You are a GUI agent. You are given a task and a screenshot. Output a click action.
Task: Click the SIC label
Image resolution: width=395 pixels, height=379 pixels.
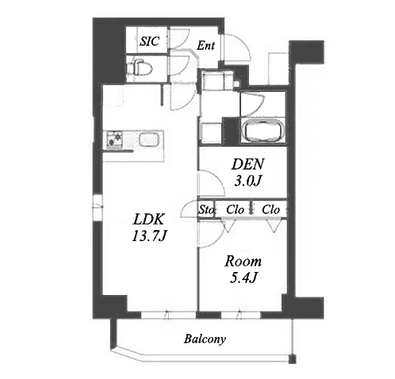click(x=150, y=41)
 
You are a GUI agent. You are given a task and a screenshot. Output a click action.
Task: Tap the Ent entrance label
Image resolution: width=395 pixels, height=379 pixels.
click(x=205, y=45)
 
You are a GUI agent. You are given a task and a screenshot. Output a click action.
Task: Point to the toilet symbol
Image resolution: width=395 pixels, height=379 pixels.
click(x=140, y=67)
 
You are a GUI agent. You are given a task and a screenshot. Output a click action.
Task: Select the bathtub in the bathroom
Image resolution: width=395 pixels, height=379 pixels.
click(x=263, y=131)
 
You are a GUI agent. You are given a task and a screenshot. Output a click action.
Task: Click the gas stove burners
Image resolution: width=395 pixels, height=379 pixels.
click(x=115, y=139)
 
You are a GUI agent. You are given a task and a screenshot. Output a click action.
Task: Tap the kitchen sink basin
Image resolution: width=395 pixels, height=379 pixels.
click(x=148, y=139)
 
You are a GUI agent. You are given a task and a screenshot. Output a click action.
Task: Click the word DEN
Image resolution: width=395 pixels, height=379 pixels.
click(x=247, y=164)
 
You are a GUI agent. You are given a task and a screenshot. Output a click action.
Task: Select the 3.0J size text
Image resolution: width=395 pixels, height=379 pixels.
click(x=247, y=181)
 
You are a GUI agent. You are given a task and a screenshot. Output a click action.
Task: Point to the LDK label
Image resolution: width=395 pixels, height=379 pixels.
click(x=149, y=219)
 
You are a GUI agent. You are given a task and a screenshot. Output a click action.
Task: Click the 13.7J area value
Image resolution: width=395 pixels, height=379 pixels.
click(x=148, y=235)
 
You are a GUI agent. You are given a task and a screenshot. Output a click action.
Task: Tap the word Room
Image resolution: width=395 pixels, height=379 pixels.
click(x=243, y=262)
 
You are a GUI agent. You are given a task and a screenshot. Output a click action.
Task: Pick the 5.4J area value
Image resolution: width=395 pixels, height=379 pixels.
click(x=244, y=278)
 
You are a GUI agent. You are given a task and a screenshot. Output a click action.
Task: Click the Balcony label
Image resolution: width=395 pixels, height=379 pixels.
click(x=205, y=339)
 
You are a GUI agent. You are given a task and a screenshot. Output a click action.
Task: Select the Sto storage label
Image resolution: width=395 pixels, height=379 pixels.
click(x=206, y=210)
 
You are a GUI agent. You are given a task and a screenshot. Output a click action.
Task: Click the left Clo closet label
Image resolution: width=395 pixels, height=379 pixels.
click(x=235, y=210)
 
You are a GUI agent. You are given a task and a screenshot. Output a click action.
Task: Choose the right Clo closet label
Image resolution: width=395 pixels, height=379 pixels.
click(x=270, y=210)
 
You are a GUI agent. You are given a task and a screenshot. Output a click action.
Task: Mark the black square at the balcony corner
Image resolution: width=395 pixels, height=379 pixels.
click(x=292, y=359)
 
